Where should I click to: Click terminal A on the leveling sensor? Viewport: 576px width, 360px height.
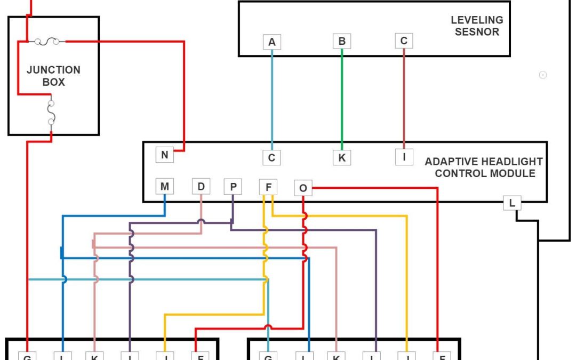[272, 42]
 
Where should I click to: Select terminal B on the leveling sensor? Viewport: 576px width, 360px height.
[342, 41]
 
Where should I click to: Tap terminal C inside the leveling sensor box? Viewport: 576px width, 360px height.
[404, 41]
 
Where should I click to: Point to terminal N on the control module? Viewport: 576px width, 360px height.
[165, 155]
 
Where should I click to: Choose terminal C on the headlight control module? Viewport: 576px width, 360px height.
[271, 157]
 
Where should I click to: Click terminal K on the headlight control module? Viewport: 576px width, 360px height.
[342, 157]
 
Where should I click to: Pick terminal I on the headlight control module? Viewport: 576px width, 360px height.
[404, 157]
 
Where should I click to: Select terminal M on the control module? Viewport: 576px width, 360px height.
[164, 187]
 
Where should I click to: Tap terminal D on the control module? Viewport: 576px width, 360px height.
[201, 186]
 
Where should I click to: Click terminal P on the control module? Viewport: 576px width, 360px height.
[233, 187]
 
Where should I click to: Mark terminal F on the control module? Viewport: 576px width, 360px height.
[268, 187]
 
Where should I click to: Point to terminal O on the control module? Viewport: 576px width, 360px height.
[303, 188]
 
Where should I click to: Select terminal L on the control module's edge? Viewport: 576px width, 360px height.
[512, 203]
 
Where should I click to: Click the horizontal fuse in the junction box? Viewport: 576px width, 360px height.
[47, 41]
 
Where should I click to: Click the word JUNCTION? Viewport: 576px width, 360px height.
[53, 70]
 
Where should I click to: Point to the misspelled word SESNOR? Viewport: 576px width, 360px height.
[477, 32]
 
